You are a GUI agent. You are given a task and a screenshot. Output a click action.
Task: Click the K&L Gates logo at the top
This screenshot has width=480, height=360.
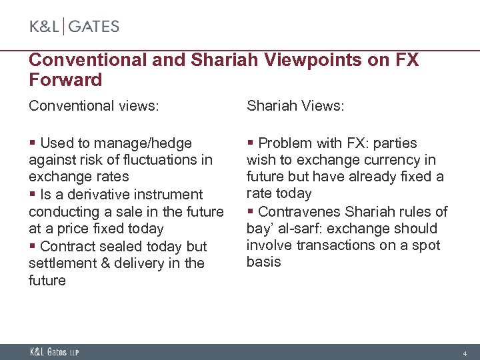[74, 27]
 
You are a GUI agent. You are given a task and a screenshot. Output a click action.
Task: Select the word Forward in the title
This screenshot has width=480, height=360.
[65, 81]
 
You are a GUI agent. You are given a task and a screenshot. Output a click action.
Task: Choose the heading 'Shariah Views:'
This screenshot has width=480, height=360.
[295, 106]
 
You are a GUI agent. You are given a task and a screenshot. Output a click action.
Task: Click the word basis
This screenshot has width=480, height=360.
[263, 262]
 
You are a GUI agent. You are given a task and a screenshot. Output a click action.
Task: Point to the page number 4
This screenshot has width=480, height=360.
[465, 353]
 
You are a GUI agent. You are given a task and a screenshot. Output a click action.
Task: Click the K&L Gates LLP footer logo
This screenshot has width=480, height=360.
[54, 352]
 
